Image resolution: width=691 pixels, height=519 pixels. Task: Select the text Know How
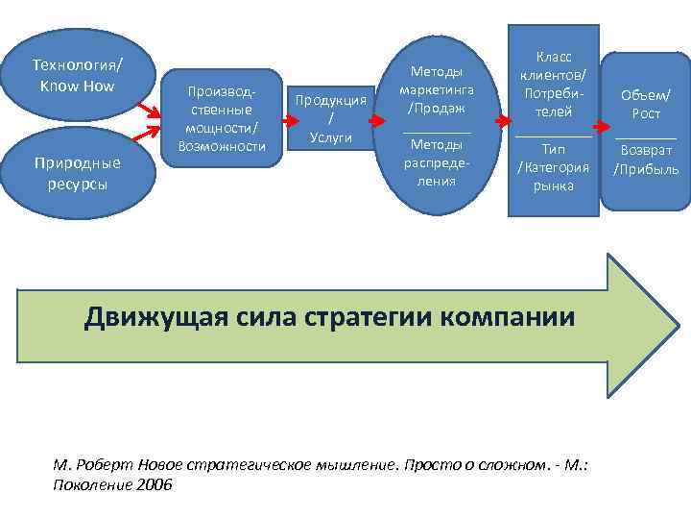point(78,86)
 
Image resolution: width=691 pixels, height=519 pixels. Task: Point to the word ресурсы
point(78,184)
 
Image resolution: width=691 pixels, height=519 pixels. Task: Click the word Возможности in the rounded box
point(222,145)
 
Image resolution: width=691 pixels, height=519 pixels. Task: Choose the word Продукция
point(331,100)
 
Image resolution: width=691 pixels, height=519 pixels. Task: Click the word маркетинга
point(437,89)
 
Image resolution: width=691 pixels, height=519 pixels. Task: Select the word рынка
point(554,185)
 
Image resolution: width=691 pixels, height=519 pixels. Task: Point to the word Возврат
point(646,151)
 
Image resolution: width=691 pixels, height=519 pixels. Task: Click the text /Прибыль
point(646,170)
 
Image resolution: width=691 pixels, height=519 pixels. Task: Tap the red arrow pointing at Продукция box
point(281,123)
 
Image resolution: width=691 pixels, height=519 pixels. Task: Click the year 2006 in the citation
point(155,484)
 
